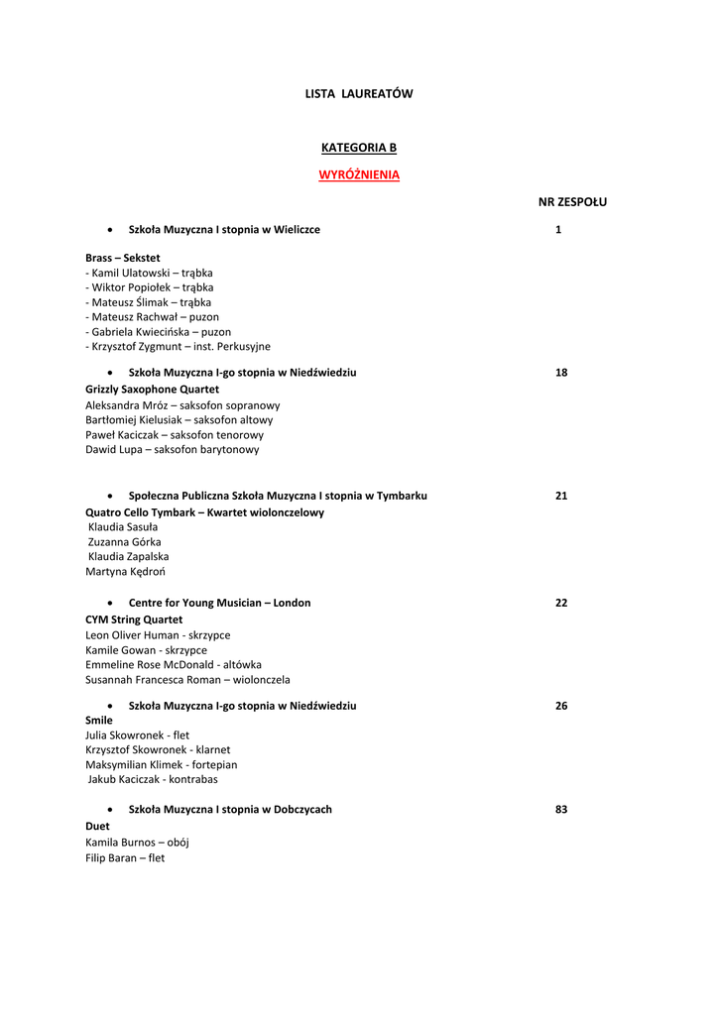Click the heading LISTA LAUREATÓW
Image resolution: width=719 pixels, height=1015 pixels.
tap(358, 94)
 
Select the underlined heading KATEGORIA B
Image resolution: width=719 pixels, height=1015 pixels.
tap(358, 148)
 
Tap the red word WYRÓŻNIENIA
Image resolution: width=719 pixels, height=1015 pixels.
tap(358, 174)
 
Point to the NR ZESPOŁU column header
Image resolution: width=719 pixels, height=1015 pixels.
tap(572, 201)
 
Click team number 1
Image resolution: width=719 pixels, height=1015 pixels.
tap(558, 229)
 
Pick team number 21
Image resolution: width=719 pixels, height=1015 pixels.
tap(561, 496)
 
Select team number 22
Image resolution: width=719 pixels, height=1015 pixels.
tap(561, 603)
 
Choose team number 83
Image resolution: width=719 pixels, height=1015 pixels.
tap(561, 810)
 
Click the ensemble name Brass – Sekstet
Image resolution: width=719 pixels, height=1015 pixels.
tap(122, 258)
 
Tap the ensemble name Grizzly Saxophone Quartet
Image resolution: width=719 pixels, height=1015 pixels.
tap(152, 390)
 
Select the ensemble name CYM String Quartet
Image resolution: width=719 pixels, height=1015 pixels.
tap(134, 620)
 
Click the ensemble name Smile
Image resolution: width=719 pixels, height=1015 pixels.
tap(99, 721)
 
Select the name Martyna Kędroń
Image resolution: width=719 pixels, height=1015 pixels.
tap(125, 572)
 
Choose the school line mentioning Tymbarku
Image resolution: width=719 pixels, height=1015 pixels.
tap(278, 496)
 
